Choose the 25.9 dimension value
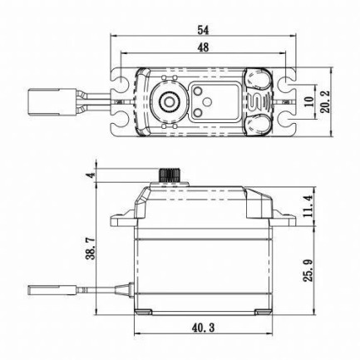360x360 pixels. coord(307,272)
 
